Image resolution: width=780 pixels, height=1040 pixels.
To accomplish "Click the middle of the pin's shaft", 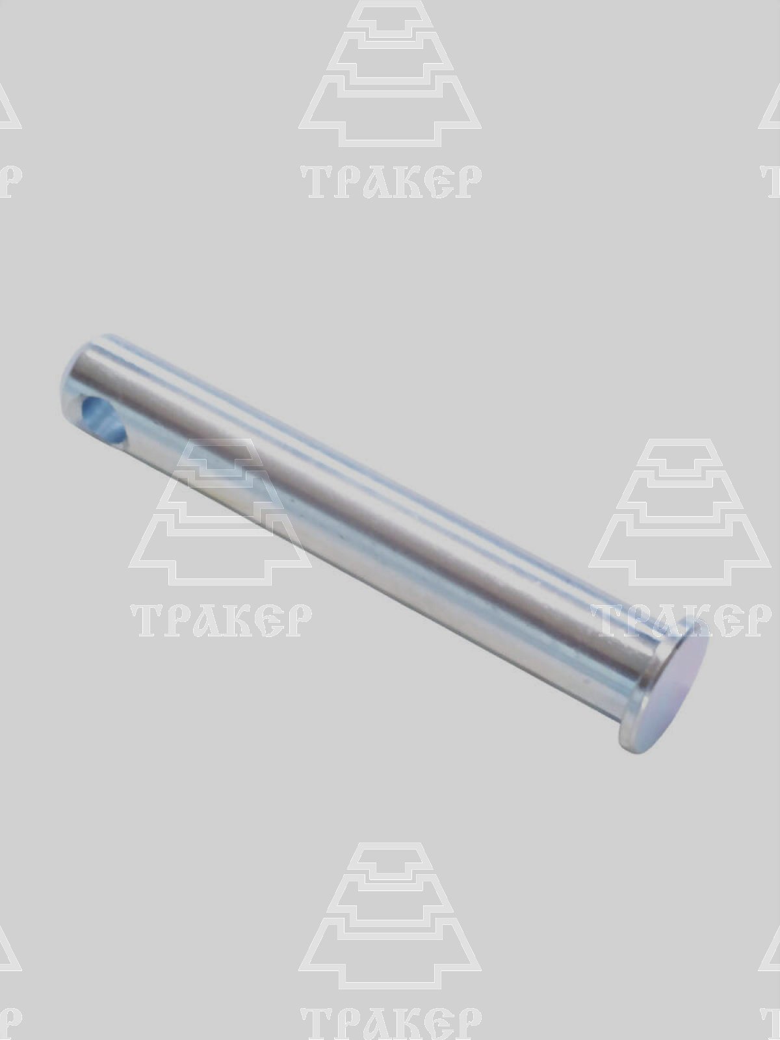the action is (379, 530).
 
